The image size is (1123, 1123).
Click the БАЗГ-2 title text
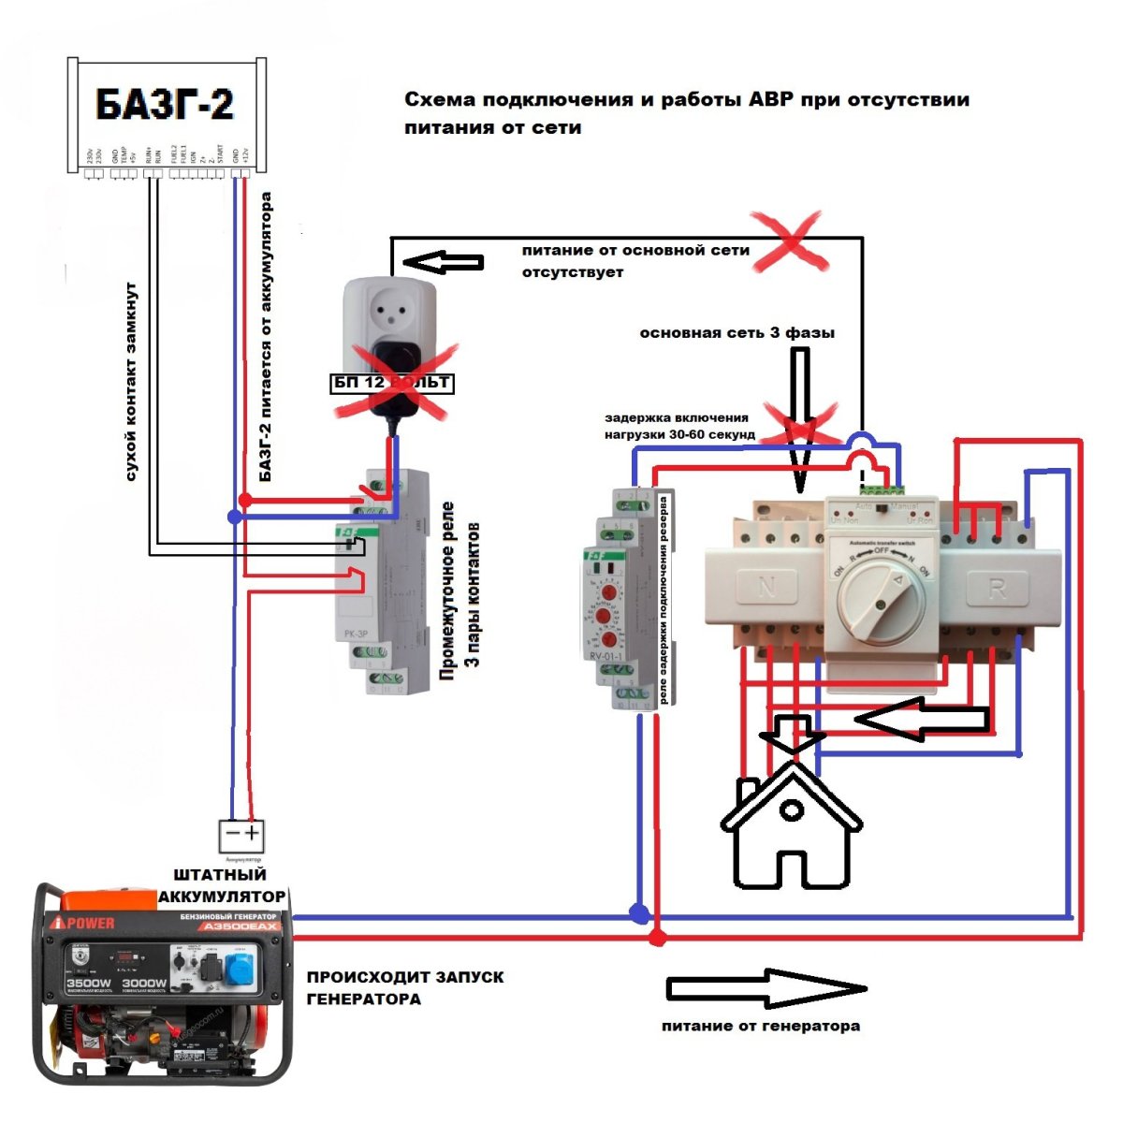(165, 104)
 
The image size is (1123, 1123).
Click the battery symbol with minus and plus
(241, 834)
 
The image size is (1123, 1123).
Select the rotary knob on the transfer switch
(881, 599)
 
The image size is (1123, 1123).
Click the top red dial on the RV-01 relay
(609, 593)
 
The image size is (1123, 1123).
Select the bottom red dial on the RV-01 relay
(609, 640)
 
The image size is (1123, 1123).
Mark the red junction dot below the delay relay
(658, 936)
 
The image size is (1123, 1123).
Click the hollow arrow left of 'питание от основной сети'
(448, 262)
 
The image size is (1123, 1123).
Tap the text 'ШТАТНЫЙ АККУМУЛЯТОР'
(221, 885)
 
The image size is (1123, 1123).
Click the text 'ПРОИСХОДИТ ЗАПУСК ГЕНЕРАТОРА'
(404, 987)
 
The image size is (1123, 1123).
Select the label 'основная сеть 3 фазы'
(737, 333)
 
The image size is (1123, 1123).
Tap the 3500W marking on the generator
(89, 984)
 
